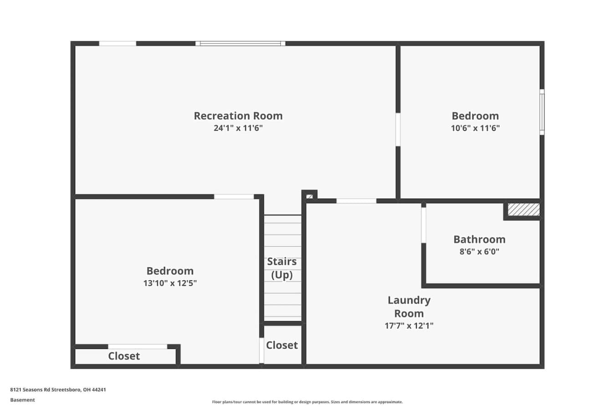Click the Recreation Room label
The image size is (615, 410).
point(238,116)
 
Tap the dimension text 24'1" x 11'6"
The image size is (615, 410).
point(238,128)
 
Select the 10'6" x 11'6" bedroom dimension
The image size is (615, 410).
point(475,128)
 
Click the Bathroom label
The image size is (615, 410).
point(479,240)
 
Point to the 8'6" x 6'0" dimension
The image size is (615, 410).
point(479,251)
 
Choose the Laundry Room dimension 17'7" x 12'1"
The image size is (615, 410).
point(409,326)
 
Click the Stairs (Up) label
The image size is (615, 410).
point(282,268)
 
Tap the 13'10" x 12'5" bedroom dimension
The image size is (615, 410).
point(170,283)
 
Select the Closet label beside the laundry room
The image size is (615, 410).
point(282,345)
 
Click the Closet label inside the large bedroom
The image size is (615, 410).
point(124,356)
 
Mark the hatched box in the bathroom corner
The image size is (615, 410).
point(523,210)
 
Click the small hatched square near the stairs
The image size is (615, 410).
point(309,197)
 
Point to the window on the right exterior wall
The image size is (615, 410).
point(542,112)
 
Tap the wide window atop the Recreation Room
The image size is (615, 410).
point(240,43)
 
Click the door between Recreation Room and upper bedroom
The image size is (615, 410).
point(398,130)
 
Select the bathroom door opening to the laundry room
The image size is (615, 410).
point(424,225)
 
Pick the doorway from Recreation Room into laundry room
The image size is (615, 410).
point(356,201)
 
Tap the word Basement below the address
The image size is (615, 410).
point(22,400)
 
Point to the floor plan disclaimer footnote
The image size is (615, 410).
point(307,402)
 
